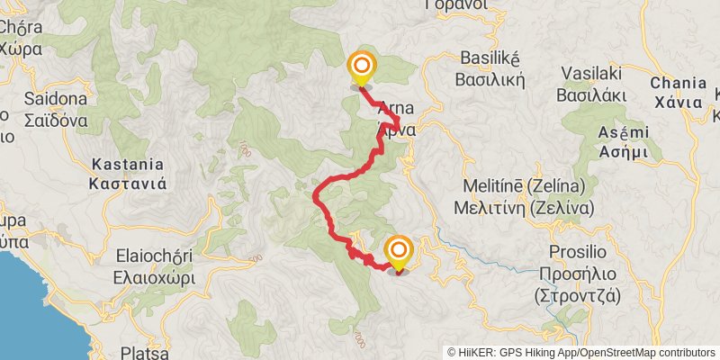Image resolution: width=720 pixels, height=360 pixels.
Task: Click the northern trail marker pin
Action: point(361,67)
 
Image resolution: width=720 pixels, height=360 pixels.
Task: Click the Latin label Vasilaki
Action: point(593,73)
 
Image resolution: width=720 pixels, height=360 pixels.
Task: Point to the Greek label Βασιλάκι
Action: point(593,93)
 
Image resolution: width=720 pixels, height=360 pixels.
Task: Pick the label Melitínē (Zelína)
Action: point(524,186)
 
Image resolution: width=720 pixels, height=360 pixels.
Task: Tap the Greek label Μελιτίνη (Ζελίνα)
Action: point(526,206)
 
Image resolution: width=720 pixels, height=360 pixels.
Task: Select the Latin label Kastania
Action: point(128,165)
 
